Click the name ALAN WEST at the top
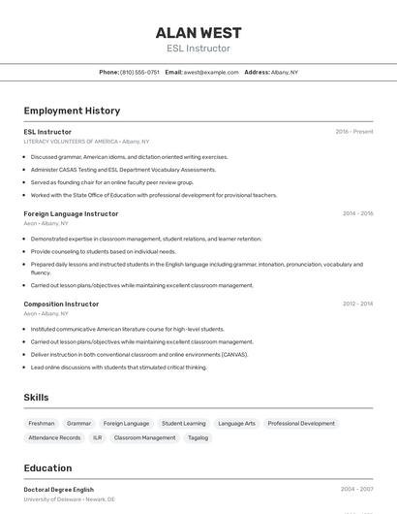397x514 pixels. coord(198,33)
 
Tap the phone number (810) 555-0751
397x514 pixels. coord(139,72)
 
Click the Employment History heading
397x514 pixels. coord(72,111)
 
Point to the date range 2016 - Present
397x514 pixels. coord(353,131)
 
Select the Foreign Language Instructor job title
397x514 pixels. coord(71,213)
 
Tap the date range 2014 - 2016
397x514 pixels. coord(357,213)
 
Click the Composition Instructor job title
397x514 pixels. coord(61,304)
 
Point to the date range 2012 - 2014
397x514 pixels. coord(357,304)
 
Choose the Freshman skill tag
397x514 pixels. coord(42,424)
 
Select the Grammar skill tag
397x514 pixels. coord(78,424)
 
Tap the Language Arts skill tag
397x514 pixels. coord(236,424)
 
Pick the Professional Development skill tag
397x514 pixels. coord(301,424)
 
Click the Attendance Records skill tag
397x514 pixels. coord(54,437)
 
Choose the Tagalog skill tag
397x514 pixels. coord(198,437)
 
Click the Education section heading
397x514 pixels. coord(47,467)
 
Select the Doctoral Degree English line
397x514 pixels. coord(58,490)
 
